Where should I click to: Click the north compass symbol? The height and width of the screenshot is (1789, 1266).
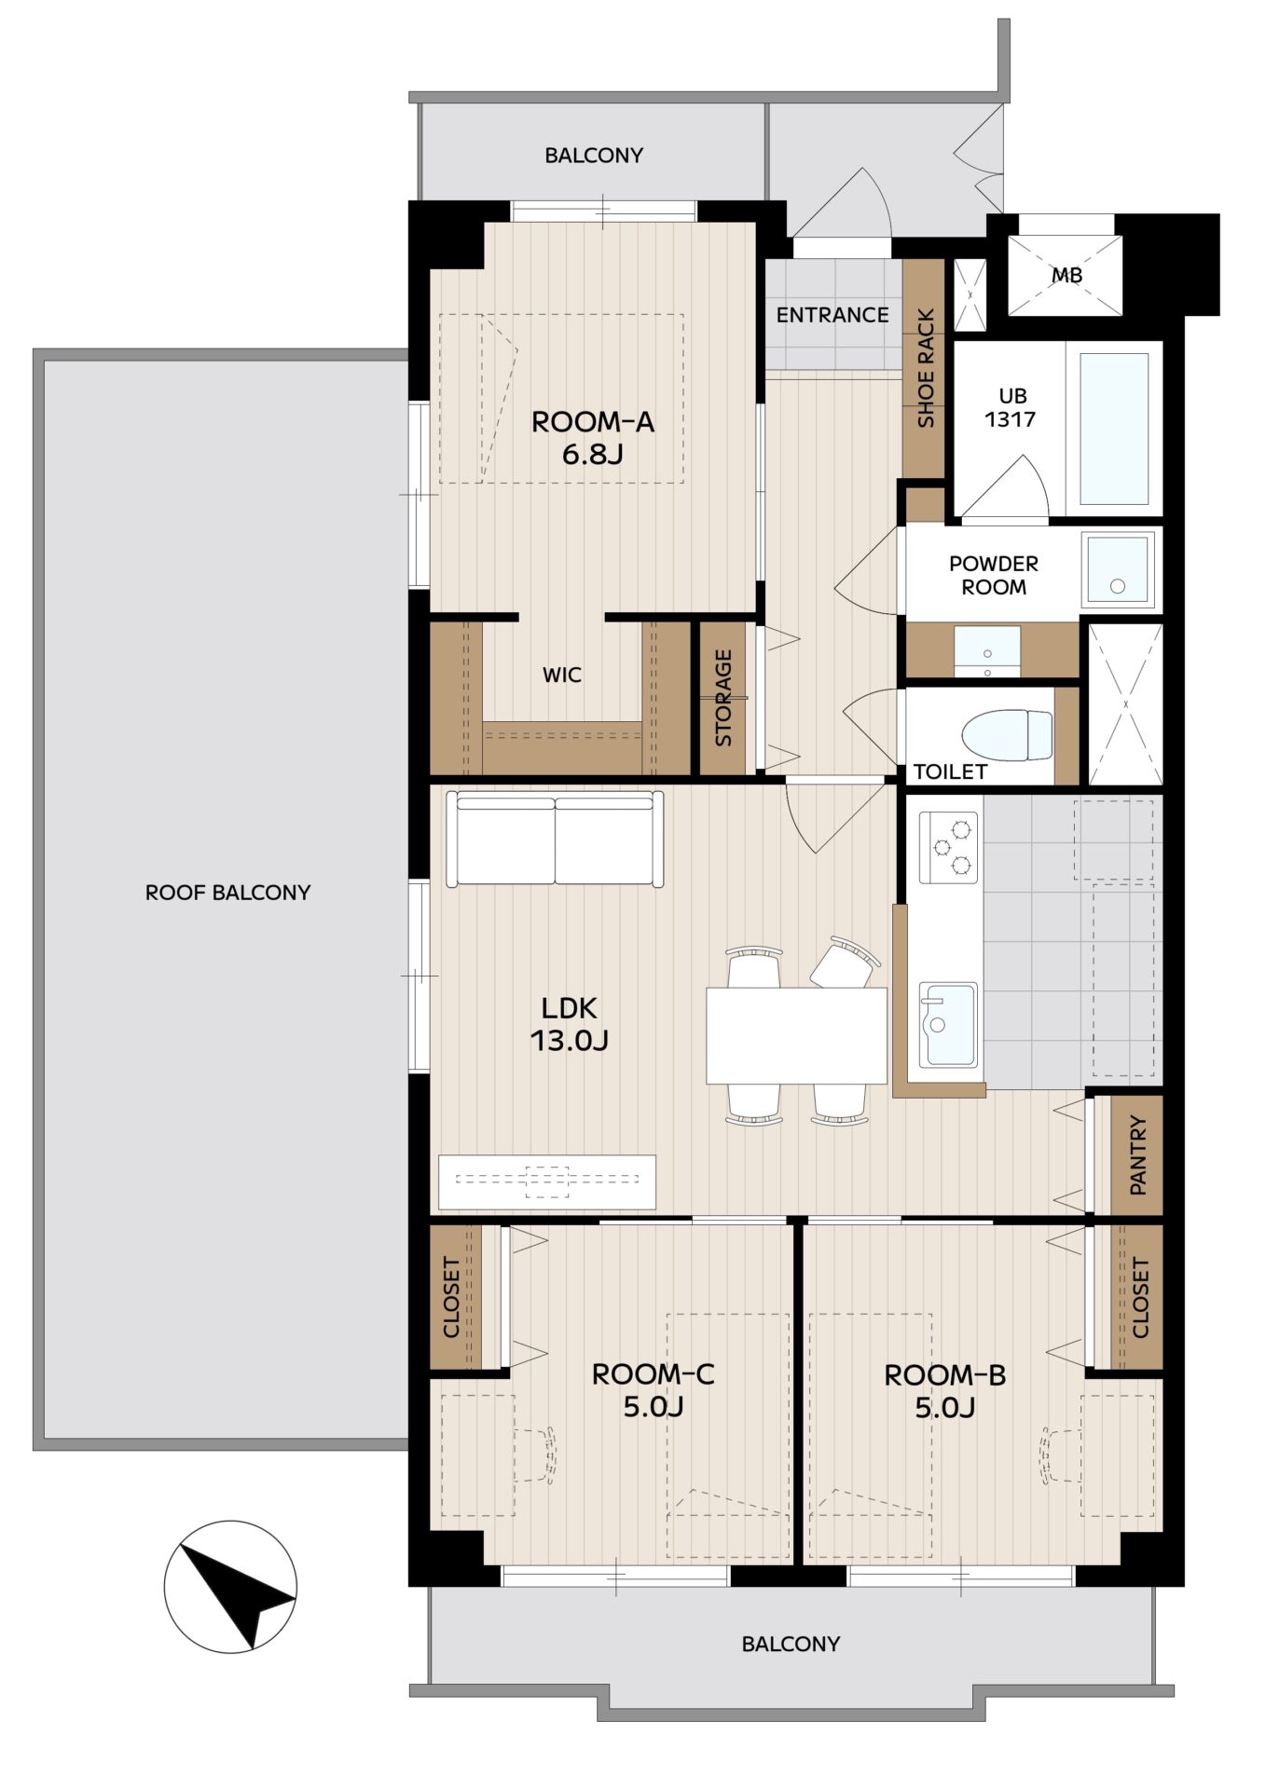(x=230, y=1586)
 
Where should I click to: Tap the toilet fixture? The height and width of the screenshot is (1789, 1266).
(x=1007, y=736)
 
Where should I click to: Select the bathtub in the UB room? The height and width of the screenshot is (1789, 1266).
(x=1113, y=428)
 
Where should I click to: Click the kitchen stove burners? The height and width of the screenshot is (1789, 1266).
(x=949, y=847)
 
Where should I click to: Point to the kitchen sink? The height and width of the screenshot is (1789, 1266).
(x=949, y=1024)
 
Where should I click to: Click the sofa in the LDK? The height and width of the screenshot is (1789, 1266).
(x=556, y=839)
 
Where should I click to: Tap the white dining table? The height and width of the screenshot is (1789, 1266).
(x=796, y=1035)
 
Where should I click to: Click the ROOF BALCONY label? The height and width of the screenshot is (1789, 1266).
(x=227, y=893)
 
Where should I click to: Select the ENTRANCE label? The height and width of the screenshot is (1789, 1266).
(x=833, y=315)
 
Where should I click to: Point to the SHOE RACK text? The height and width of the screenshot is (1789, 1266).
(x=926, y=368)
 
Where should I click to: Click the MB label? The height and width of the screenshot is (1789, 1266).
(x=1067, y=276)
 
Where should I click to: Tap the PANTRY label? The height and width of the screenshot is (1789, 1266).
(x=1137, y=1155)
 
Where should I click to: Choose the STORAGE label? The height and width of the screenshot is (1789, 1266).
(x=723, y=698)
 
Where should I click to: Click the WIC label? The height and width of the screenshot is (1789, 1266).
(x=562, y=675)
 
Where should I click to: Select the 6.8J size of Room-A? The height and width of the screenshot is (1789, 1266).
(x=592, y=455)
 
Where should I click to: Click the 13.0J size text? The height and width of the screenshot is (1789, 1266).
(x=570, y=1040)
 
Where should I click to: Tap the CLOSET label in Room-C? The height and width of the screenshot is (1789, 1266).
(x=451, y=1297)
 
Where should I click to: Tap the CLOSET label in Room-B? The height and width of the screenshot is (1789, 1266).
(x=1140, y=1297)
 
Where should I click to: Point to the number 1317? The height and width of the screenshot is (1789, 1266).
(x=1011, y=419)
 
